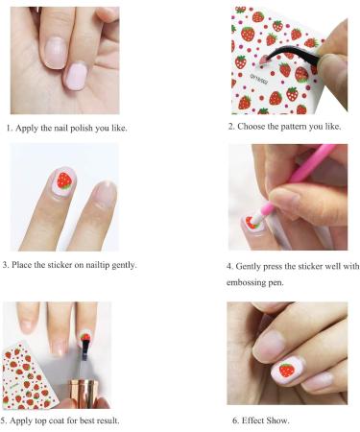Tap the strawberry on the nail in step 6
[286, 370]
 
